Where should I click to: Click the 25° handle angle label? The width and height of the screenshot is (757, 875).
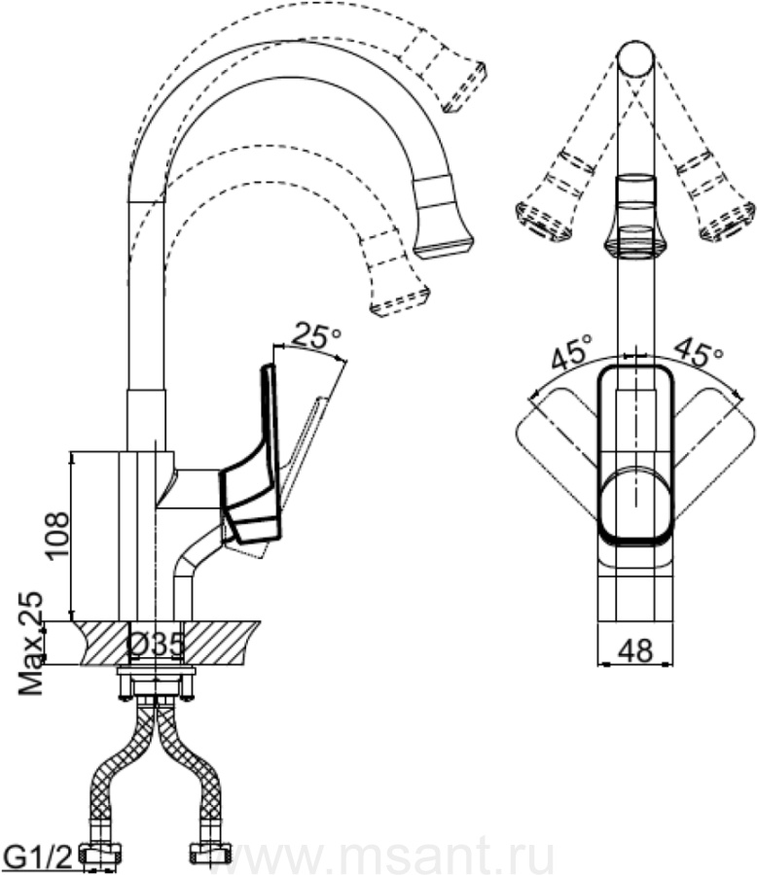click(x=316, y=336)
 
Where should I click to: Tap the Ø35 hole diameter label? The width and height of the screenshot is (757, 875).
click(x=157, y=643)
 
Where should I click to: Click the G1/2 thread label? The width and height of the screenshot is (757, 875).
click(x=39, y=857)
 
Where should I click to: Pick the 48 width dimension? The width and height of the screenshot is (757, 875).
click(x=636, y=648)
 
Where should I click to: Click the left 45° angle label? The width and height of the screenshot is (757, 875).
click(x=572, y=353)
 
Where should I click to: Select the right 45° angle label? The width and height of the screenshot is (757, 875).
click(x=698, y=352)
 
